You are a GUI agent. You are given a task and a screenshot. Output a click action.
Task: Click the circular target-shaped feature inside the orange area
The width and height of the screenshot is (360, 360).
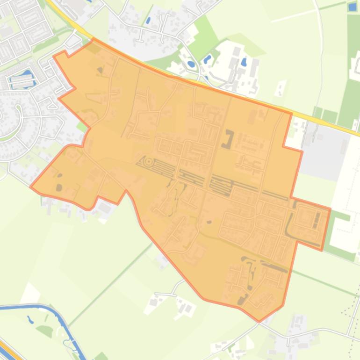click(x=149, y=162)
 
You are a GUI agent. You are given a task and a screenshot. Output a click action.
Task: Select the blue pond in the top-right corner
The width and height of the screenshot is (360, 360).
click(x=353, y=7)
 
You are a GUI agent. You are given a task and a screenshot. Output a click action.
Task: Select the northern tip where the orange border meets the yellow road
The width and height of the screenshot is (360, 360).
click(x=93, y=39)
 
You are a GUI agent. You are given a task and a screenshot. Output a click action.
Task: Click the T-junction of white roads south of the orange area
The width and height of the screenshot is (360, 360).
click(x=175, y=294)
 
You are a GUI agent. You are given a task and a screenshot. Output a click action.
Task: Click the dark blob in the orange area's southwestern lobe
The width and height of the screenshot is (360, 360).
click(x=59, y=187)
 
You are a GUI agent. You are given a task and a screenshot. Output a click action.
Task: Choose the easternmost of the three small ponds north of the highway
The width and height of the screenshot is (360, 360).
click(x=244, y=62)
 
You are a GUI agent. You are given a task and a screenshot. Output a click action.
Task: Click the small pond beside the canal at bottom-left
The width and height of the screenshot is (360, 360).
click(x=30, y=321)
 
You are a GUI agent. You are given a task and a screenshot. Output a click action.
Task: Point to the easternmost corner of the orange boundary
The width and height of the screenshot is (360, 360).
click(x=330, y=209)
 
